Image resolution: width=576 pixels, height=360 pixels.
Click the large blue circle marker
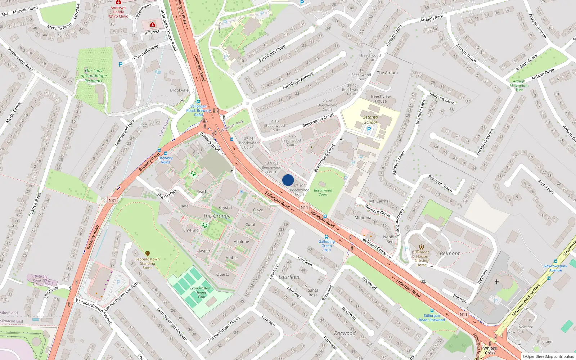tap(288, 180)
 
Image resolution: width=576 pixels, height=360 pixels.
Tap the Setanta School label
tap(370, 120)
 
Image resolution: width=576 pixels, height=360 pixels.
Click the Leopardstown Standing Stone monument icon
tap(147, 254)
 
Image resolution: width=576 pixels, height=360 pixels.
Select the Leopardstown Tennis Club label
tap(201, 292)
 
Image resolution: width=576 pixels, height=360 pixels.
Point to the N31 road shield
tap(112, 201)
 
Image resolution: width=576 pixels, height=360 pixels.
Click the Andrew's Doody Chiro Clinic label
tap(118, 12)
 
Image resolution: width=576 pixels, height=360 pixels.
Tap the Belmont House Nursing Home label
tap(422, 258)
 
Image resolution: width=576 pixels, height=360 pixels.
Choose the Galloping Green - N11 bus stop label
tap(327, 246)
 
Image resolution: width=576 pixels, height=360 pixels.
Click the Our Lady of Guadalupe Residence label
tap(94, 76)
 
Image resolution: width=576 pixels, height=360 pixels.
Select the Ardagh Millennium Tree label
tap(519, 85)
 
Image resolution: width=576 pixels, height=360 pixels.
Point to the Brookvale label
tap(179, 90)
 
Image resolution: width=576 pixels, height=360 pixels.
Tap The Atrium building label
tap(387, 73)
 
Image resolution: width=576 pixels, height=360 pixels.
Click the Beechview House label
tap(381, 99)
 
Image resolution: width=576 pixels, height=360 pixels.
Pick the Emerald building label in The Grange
tap(191, 230)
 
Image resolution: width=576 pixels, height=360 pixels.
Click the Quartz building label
tap(222, 274)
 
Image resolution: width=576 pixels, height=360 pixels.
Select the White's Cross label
tap(490, 350)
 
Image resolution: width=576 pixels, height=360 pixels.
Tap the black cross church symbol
tap(497, 282)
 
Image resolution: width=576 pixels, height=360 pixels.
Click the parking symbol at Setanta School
tap(369, 129)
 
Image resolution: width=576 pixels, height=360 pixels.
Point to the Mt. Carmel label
tap(379, 201)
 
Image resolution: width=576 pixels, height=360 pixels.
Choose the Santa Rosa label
tap(313, 292)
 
